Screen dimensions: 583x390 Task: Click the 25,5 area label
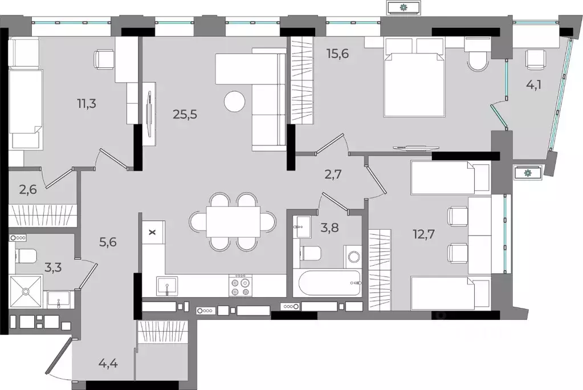pyautogui.click(x=185, y=114)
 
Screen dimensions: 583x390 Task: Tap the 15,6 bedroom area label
pyautogui.click(x=337, y=54)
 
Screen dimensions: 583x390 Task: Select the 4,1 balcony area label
pyautogui.click(x=533, y=85)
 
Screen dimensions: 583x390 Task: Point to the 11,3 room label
pyautogui.click(x=87, y=103)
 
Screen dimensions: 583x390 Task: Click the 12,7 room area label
pyautogui.click(x=424, y=234)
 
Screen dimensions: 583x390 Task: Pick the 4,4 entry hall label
pyautogui.click(x=108, y=363)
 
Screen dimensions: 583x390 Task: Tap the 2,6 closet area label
pyautogui.click(x=28, y=189)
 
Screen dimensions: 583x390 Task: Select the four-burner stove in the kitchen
pyautogui.click(x=240, y=286)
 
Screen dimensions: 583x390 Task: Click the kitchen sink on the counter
pyautogui.click(x=167, y=286)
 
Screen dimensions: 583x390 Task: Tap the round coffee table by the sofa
pyautogui.click(x=235, y=101)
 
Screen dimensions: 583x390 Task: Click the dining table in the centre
pyautogui.click(x=233, y=222)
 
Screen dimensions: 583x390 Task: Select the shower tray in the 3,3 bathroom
pyautogui.click(x=26, y=291)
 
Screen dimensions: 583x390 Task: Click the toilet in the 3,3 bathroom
pyautogui.click(x=25, y=255)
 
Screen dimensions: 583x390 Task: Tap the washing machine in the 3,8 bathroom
pyautogui.click(x=353, y=257)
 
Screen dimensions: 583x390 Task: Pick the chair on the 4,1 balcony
pyautogui.click(x=535, y=59)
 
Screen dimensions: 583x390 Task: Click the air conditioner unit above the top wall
pyautogui.click(x=404, y=7)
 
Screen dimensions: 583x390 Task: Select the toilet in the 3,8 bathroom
pyautogui.click(x=311, y=253)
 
